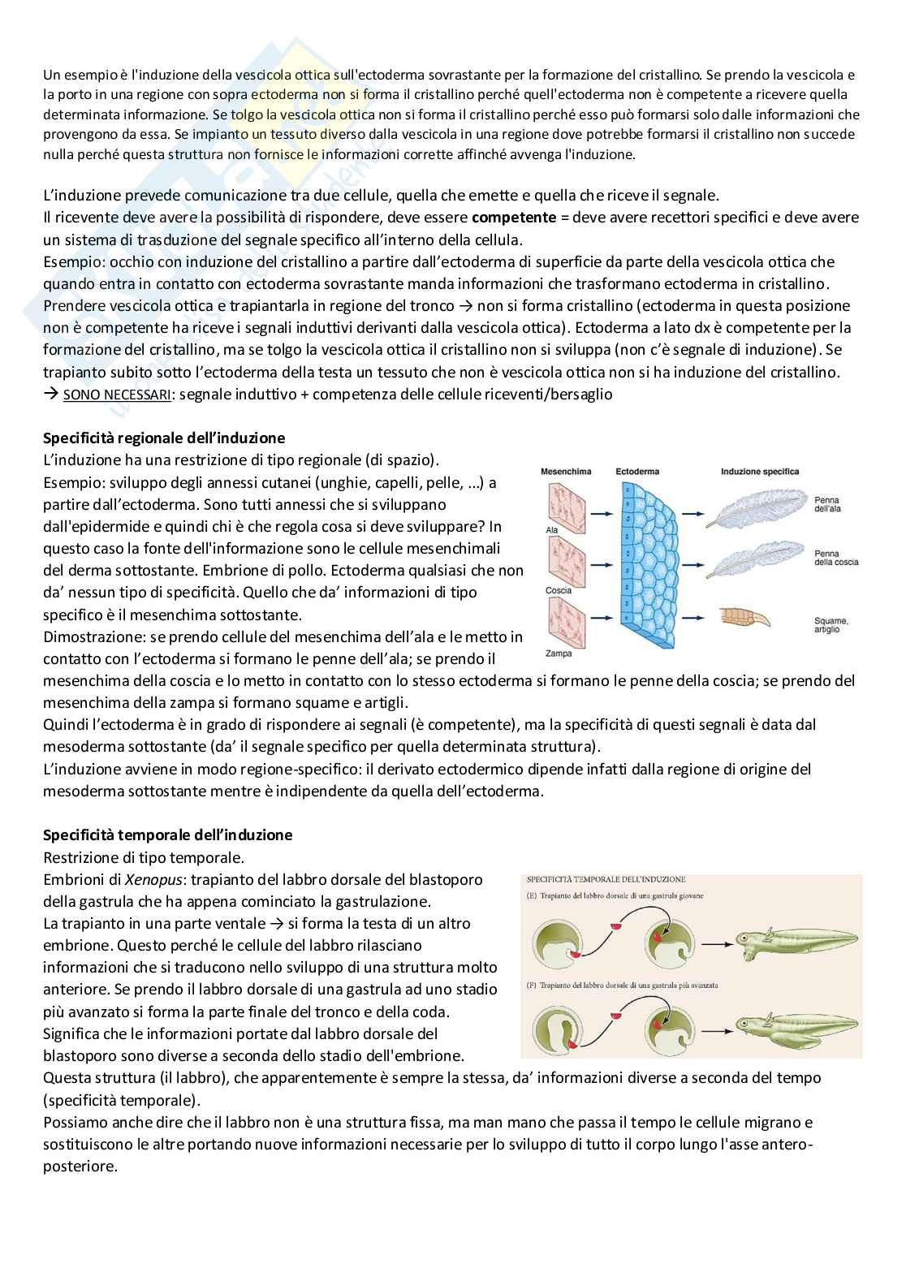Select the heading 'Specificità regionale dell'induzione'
coord(163,438)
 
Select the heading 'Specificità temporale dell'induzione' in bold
coord(167,835)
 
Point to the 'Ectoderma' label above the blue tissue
coord(637,471)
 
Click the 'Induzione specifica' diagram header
coord(759,471)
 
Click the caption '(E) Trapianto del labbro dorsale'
coord(615,895)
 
